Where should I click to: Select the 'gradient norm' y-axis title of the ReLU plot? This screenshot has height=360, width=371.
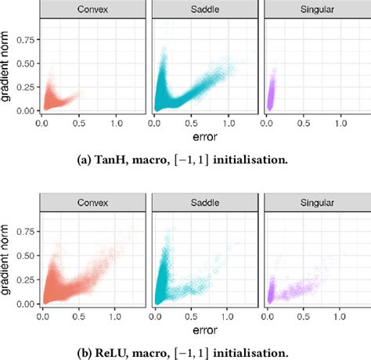click(x=9, y=258)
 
